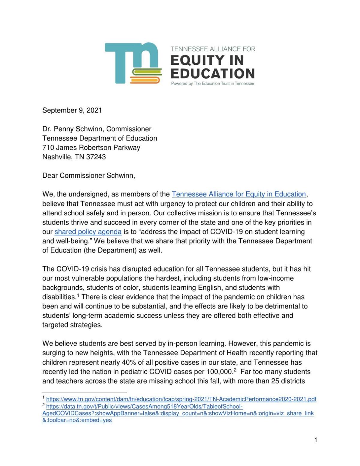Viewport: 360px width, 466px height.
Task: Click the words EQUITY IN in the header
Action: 207,60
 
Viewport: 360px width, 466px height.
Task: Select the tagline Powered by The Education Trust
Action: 212,84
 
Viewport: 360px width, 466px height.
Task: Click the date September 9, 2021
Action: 72,110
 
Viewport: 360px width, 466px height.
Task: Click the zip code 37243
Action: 96,157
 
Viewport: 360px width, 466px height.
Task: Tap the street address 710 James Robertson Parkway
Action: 91,148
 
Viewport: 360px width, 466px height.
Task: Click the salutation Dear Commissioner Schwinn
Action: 88,175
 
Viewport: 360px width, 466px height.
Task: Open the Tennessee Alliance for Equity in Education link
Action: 238,194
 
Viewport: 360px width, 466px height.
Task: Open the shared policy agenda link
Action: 88,232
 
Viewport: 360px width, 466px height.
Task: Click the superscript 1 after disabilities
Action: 78,295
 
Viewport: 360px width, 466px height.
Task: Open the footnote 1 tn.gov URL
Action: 181,399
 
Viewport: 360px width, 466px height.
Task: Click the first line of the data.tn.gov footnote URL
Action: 144,407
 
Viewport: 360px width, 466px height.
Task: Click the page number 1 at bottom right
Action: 316,440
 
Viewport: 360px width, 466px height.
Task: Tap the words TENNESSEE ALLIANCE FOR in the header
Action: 213,49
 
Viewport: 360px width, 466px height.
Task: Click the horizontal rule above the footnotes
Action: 85,392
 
